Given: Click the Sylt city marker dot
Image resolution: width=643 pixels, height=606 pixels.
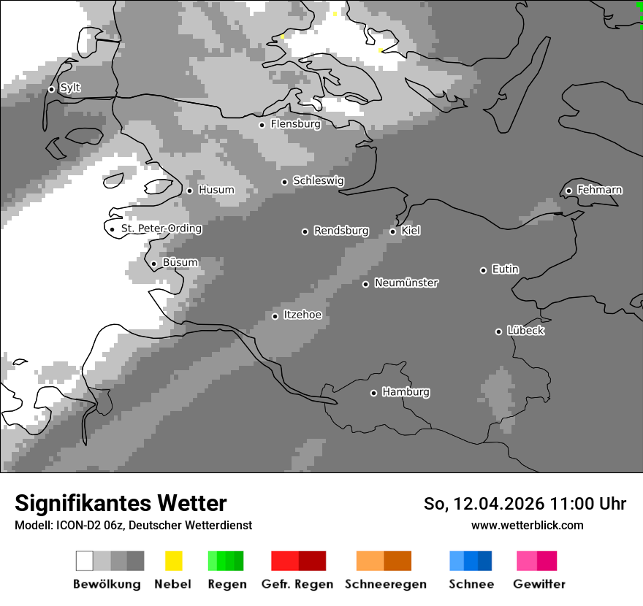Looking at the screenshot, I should click(51, 89).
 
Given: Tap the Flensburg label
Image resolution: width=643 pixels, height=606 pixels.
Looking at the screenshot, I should click(295, 124).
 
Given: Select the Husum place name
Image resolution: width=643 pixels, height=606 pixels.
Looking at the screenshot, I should click(216, 190).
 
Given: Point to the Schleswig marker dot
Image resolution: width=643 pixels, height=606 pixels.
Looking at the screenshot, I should click(285, 182).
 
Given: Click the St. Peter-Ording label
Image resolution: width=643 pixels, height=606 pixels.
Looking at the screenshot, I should click(161, 229).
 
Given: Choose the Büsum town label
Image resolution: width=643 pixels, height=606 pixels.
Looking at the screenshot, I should click(180, 263).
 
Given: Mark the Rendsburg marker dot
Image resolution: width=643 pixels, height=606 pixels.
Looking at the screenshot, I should click(305, 231).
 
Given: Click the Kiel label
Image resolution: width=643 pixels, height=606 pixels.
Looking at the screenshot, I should click(411, 231).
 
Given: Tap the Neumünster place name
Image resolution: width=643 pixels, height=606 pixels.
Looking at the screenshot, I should click(406, 283).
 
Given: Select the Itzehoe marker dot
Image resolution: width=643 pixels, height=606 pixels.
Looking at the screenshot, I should click(275, 316).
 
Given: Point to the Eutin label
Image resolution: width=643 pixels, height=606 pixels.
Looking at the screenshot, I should click(505, 269).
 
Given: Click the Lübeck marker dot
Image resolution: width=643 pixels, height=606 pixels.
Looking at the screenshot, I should click(498, 331).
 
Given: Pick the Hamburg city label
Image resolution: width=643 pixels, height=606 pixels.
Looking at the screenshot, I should click(406, 392).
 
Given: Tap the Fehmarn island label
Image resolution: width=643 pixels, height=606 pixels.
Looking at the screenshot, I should click(599, 190).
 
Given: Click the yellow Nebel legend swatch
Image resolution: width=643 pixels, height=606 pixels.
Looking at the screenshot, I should click(173, 561).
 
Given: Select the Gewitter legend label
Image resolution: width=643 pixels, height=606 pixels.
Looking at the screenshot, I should click(539, 584).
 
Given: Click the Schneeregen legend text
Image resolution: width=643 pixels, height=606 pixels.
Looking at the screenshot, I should click(386, 584).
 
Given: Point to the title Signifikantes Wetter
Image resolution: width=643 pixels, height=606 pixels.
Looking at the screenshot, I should click(121, 504).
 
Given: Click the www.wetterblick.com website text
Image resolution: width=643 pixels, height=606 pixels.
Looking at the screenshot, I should click(527, 525).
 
